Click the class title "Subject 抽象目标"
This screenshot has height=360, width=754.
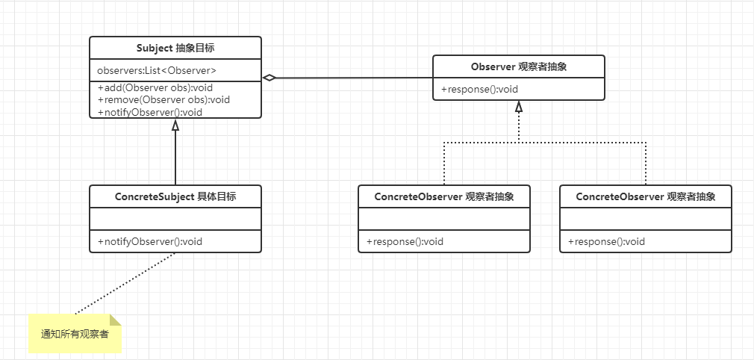[175, 48]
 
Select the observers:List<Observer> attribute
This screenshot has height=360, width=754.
[157, 70]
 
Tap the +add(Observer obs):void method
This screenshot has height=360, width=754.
[155, 87]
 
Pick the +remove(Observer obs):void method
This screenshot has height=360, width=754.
[163, 99]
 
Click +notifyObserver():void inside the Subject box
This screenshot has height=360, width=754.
[150, 112]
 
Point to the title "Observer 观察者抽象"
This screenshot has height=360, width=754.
[519, 66]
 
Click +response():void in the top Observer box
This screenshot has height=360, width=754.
[479, 90]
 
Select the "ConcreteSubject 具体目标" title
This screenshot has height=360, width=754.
[175, 196]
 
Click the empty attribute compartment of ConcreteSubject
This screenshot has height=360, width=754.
[175, 220]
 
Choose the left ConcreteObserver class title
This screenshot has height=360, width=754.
[444, 196]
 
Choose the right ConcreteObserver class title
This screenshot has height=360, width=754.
[646, 196]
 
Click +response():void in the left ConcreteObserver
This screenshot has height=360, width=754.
[405, 241]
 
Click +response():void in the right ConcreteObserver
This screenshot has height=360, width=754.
[606, 241]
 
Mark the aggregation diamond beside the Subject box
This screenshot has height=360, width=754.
[269, 77]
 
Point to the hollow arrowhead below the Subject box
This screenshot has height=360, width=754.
[175, 125]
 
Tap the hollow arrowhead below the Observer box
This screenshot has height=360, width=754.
[519, 107]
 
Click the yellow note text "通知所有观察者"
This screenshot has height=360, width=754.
[75, 334]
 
